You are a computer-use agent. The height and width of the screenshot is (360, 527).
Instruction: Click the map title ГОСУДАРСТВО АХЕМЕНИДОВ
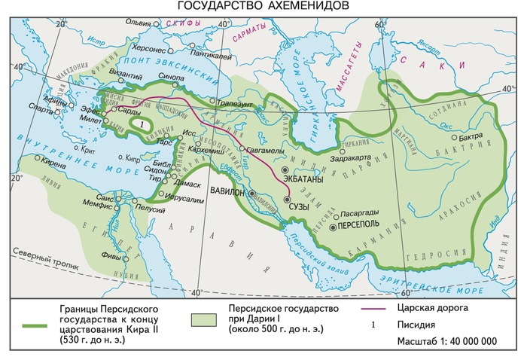[x=263, y=7]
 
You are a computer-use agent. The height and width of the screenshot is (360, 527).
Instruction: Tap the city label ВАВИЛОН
[x=227, y=191]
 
